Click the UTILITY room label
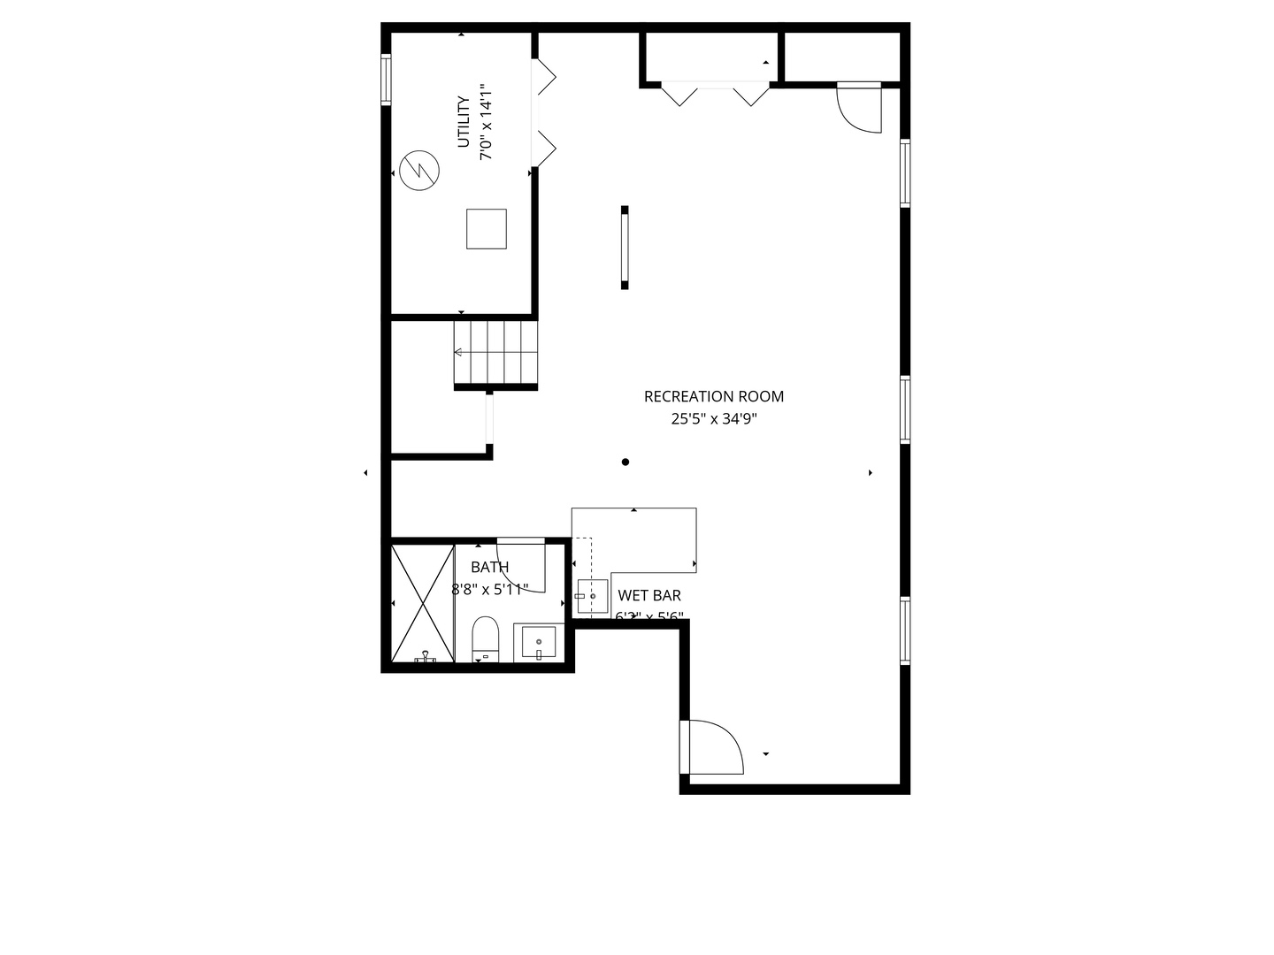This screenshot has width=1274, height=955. click(463, 122)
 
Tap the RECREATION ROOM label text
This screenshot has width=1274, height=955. click(713, 397)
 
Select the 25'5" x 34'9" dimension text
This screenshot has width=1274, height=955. click(713, 419)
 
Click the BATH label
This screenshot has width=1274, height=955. click(489, 568)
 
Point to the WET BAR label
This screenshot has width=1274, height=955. click(649, 596)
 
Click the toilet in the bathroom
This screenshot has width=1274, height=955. click(486, 638)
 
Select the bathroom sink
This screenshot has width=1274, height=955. click(538, 642)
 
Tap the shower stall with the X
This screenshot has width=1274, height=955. click(422, 603)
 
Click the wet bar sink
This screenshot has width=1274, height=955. click(592, 597)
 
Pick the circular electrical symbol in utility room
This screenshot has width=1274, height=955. click(418, 171)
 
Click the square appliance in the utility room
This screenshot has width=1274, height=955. click(487, 229)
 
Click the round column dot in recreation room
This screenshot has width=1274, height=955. click(625, 462)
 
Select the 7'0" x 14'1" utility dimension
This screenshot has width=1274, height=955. click(485, 122)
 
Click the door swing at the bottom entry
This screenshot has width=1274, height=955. click(713, 748)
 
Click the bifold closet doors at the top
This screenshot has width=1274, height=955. click(716, 94)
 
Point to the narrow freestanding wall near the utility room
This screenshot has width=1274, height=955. click(625, 248)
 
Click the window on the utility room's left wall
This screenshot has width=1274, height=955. click(387, 80)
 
